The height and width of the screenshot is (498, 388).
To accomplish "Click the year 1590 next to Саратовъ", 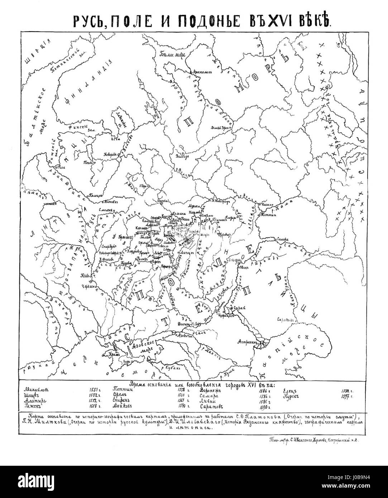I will pos(264,407).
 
